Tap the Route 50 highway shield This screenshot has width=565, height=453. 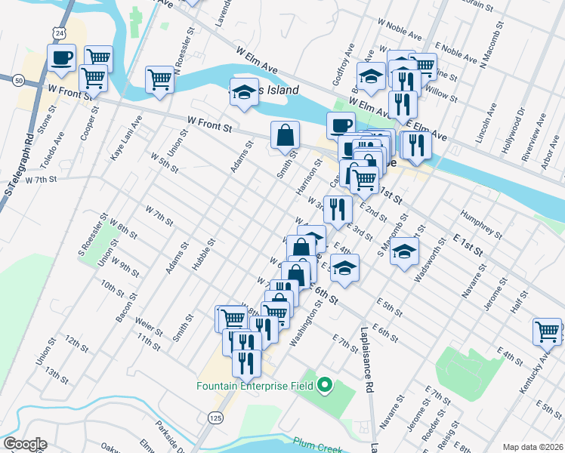click(17, 79)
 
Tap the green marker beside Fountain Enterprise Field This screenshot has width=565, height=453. click(326, 386)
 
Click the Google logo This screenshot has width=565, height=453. click(25, 444)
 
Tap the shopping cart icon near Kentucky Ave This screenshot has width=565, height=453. click(547, 330)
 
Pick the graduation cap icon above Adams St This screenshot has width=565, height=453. click(244, 91)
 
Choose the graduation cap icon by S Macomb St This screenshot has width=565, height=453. click(404, 251)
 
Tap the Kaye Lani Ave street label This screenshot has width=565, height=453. click(125, 137)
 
